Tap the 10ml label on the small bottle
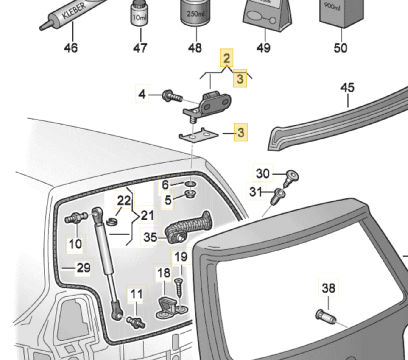[x=139, y=17]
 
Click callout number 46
[x=71, y=48]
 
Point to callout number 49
[x=264, y=48]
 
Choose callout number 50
[x=340, y=48]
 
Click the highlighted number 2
[x=227, y=58]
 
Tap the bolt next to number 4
[x=171, y=96]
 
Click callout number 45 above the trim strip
[x=347, y=88]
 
